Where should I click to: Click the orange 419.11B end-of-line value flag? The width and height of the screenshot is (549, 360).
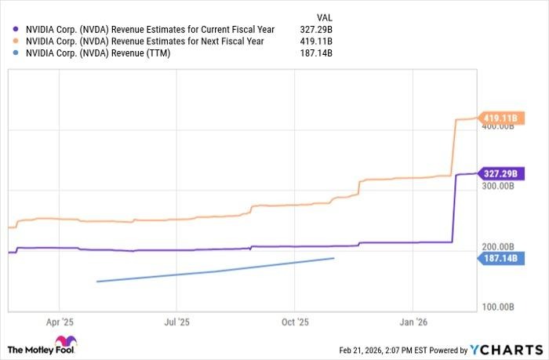pos(500,118)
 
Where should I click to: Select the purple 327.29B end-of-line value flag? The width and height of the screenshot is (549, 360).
pos(500,173)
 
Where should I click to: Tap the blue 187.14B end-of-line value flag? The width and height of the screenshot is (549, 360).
pos(500,258)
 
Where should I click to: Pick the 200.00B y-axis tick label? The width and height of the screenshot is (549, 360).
pos(499,246)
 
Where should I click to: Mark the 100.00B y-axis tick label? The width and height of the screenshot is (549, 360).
pos(499,306)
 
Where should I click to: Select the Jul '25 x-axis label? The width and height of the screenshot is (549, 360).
pos(177,322)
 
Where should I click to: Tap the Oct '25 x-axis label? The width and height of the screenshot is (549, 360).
pos(296,322)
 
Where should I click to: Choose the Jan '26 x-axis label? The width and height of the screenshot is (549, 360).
pos(414,322)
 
